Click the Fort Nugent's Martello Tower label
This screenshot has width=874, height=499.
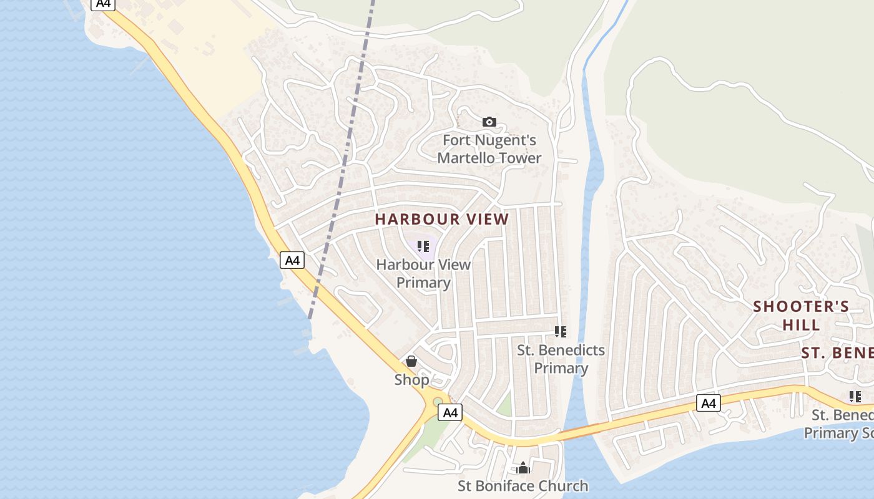click(489, 150)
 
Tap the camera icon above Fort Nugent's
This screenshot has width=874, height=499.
click(489, 122)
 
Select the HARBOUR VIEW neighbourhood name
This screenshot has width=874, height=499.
click(442, 220)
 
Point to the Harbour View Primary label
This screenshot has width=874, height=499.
click(423, 273)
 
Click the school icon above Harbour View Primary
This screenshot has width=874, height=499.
click(423, 246)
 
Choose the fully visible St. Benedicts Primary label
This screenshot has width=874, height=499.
click(561, 359)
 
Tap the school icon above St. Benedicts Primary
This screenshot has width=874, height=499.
click(561, 332)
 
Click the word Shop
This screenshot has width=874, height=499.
click(411, 379)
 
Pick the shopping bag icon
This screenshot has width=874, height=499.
click(411, 361)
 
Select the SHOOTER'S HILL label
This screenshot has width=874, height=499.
click(801, 315)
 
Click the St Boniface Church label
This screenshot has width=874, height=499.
click(523, 485)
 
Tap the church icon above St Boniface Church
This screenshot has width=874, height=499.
click(523, 467)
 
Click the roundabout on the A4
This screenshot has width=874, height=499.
click(437, 402)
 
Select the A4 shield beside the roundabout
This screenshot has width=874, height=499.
click(451, 412)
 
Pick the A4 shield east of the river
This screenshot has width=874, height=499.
click(708, 404)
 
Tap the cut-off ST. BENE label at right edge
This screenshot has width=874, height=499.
click(837, 353)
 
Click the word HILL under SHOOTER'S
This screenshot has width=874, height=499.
click(801, 325)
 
